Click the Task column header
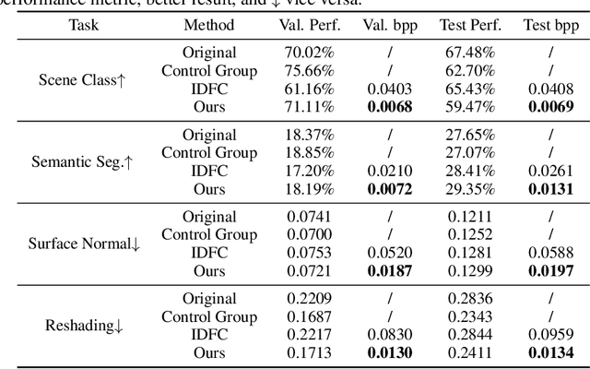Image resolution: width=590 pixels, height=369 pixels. pos(83,25)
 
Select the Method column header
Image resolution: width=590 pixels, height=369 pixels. pos(208,25)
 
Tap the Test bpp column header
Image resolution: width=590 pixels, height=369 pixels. pos(551,25)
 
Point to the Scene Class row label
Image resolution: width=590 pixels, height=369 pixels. pos(82,79)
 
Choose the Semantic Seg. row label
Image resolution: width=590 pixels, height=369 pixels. pos(82,162)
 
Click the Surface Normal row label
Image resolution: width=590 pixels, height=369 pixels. pos(83,244)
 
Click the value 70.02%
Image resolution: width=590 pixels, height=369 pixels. pos(309,53)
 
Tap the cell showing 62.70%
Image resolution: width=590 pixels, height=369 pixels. pos(470,70)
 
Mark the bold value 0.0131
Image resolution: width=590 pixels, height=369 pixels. pos(551,189)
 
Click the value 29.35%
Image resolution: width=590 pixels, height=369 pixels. pos(470,189)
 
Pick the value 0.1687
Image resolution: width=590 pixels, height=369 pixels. pos(309,317)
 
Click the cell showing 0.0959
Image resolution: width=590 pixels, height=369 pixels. pos(551,335)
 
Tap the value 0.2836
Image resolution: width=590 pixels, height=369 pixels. pos(470,299)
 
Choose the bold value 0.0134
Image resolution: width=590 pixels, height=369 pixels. pos(551,353)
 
